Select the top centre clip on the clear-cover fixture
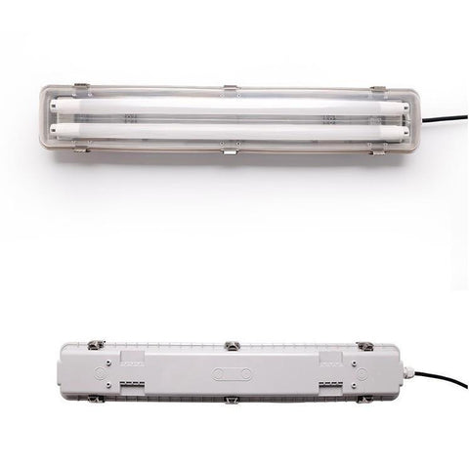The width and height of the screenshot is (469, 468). click(231, 90)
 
